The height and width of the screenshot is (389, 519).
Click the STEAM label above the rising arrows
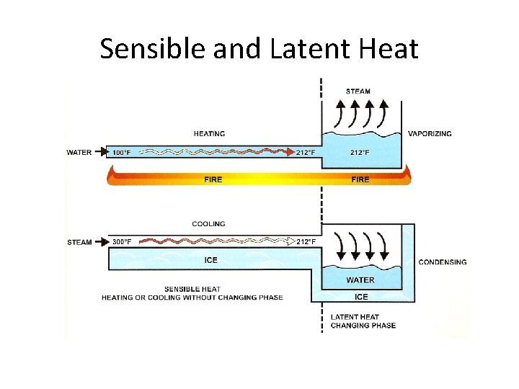point(358,91)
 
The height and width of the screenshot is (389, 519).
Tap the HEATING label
point(209,133)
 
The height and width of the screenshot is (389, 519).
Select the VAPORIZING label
point(430,133)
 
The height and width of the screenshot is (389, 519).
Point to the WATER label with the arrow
point(79,152)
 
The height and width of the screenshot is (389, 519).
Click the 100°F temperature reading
point(122,153)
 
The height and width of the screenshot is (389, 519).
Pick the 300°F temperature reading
point(122,242)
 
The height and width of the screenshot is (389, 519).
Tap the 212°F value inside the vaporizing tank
point(360,153)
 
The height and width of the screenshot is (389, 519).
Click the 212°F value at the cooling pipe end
point(306,242)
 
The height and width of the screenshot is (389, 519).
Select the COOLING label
point(208,224)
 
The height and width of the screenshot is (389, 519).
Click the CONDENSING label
point(442,262)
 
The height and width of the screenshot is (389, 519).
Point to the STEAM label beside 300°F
point(79,242)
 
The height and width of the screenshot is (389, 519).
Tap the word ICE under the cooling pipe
point(210,260)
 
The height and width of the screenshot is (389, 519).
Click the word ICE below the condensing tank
point(361,297)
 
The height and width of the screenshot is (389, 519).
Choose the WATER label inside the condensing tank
point(360,280)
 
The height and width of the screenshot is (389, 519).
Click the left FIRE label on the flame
point(213,179)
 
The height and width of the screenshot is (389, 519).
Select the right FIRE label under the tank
point(360,179)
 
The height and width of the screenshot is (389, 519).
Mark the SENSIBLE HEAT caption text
point(192,289)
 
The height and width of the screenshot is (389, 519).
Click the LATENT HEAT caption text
point(355,317)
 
